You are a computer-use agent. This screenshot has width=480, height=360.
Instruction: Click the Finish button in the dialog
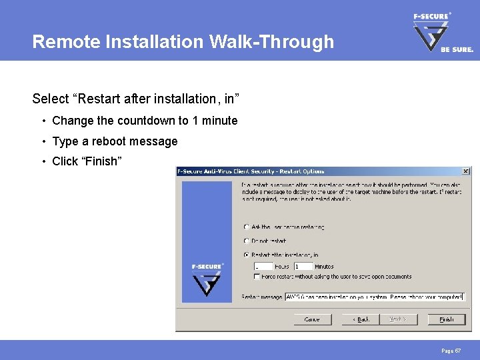click(446, 319)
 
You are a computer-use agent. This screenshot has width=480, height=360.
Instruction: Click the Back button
click(360, 319)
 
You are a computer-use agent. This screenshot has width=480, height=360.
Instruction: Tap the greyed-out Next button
click(398, 319)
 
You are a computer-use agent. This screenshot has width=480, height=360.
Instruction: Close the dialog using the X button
click(465, 171)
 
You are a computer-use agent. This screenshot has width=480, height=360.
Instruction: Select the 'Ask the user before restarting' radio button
click(247, 227)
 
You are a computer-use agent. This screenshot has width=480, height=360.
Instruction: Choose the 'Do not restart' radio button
click(247, 241)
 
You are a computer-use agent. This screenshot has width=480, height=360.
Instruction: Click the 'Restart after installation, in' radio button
click(247, 255)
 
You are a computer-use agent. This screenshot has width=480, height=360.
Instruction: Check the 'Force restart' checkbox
click(257, 276)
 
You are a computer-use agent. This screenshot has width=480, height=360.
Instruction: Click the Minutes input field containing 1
click(303, 266)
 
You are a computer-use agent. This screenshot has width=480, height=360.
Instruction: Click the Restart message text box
click(374, 297)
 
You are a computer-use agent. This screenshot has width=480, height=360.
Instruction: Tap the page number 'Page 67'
click(451, 350)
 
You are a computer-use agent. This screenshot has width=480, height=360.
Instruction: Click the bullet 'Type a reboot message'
click(115, 141)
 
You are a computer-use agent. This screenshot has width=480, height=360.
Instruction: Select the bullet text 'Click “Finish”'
click(87, 161)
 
